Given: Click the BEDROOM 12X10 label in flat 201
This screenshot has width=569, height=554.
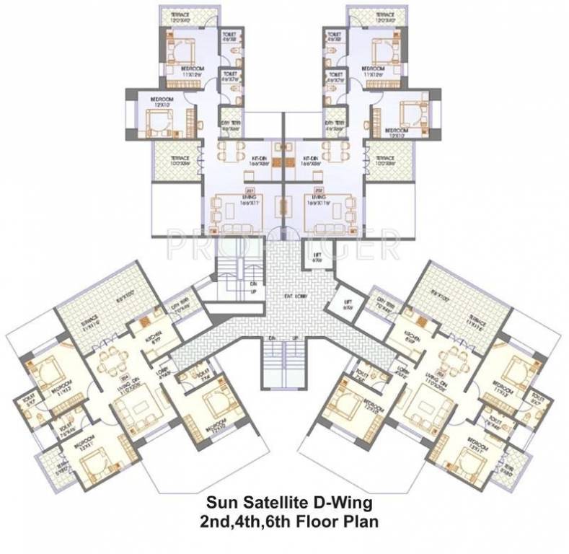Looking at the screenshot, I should pyautogui.click(x=161, y=102).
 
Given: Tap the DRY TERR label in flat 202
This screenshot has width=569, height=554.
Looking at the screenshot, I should pyautogui.click(x=334, y=126).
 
